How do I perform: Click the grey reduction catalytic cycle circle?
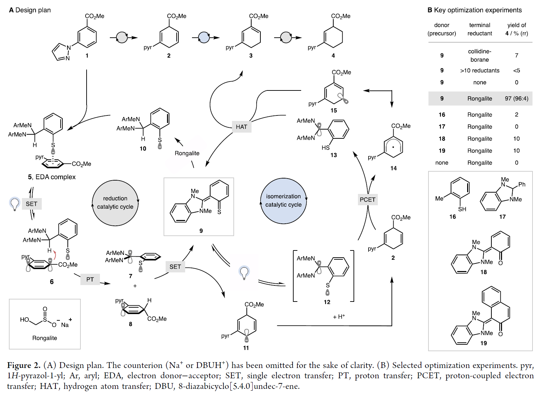(x=115, y=203)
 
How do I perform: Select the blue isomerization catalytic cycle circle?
(x=283, y=201)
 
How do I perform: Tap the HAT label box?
(x=241, y=127)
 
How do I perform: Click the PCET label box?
(x=368, y=200)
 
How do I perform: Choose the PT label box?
(x=90, y=280)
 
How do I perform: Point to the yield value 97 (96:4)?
(x=516, y=99)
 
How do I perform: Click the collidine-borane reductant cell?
(x=479, y=56)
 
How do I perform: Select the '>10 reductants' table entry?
(x=479, y=71)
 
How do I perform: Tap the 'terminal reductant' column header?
(x=479, y=29)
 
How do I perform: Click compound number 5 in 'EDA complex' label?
(x=30, y=177)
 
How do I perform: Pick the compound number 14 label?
(x=394, y=168)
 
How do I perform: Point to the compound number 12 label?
(x=327, y=302)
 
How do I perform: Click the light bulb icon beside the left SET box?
(x=14, y=204)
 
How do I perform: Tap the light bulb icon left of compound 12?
(x=244, y=272)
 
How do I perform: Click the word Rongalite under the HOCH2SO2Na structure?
(x=44, y=338)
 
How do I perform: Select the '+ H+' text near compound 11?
(x=339, y=317)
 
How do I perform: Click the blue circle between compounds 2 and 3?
(x=204, y=37)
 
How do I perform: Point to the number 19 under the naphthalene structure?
(x=483, y=343)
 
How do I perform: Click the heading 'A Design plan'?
(x=30, y=10)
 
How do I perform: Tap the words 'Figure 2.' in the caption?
(x=24, y=365)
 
